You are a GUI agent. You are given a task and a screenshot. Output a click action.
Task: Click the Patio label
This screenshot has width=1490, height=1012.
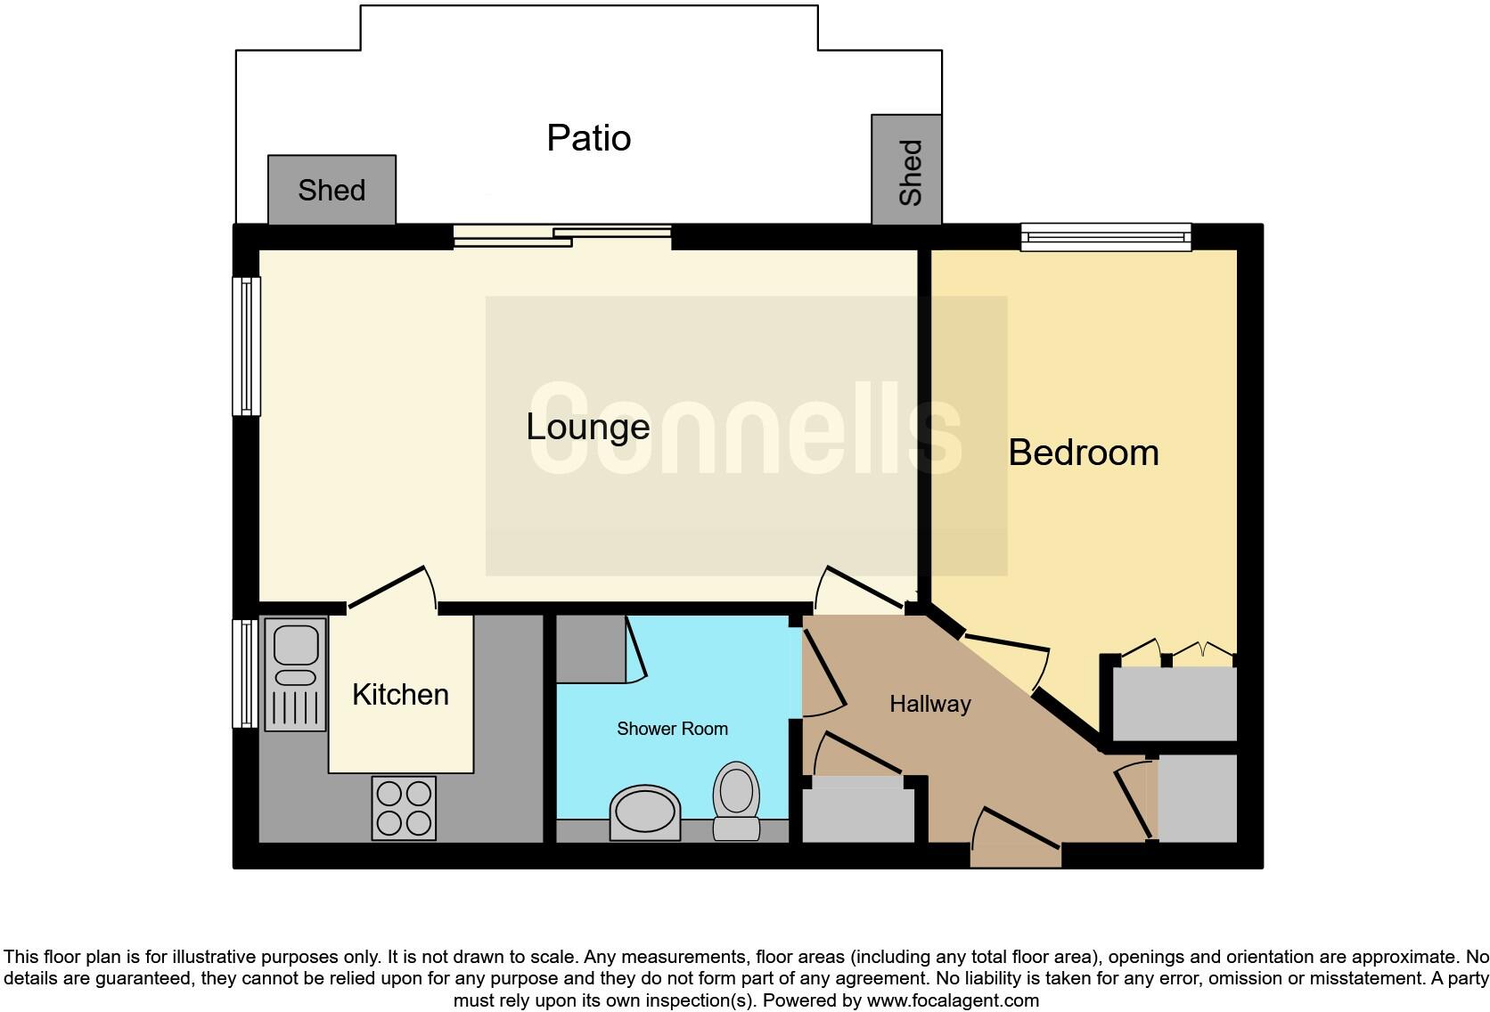(588, 138)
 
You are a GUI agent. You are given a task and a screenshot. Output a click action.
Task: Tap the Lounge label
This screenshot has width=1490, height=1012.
(587, 427)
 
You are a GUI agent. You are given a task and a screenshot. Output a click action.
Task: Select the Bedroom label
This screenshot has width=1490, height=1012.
(1083, 453)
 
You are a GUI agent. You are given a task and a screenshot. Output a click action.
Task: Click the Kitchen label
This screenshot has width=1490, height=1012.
(400, 694)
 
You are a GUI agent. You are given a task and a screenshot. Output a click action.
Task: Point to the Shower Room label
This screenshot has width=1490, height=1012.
(672, 729)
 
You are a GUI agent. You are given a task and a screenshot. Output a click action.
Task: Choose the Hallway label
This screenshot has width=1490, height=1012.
(929, 704)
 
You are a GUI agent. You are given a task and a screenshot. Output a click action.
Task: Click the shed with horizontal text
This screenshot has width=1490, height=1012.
(332, 190)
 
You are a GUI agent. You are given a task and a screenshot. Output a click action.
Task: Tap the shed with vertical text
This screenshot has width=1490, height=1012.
(907, 170)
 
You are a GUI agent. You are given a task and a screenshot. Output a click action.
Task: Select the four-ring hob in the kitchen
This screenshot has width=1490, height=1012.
(404, 808)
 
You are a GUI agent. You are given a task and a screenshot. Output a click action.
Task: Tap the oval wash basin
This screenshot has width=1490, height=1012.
(644, 812)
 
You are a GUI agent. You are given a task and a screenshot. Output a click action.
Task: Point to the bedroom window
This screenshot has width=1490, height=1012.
(1106, 236)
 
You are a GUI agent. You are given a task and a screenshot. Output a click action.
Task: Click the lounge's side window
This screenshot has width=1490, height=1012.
(246, 346)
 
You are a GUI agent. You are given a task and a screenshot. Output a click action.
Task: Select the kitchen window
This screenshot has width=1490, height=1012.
(245, 673)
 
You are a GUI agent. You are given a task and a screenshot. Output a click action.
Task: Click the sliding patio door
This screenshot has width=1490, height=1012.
(562, 236)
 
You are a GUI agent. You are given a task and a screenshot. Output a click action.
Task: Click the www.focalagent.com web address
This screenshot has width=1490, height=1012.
(953, 1000)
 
